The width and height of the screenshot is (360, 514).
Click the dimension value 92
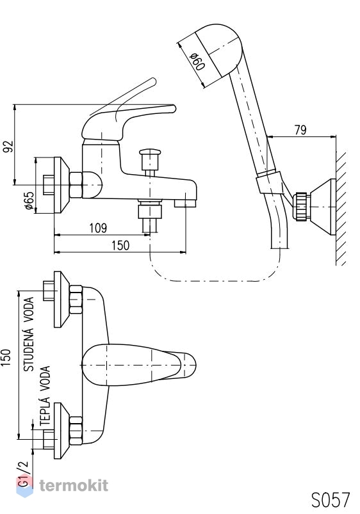click(8, 146)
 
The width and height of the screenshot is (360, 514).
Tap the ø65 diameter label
click(29, 200)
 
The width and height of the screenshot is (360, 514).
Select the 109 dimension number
click(98, 228)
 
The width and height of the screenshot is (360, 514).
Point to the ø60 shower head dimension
click(197, 61)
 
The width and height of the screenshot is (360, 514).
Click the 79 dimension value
click(300, 130)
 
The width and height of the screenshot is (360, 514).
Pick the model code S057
click(331, 500)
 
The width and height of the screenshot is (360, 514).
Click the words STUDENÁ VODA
click(29, 334)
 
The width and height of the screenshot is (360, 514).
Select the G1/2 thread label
click(24, 474)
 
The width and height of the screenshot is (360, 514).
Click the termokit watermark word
click(74, 485)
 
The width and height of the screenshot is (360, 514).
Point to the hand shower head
click(219, 50)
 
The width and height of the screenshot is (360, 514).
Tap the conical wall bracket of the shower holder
click(323, 207)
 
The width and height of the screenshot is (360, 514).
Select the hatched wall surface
click(341, 208)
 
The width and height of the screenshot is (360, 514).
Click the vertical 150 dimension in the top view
click(6, 358)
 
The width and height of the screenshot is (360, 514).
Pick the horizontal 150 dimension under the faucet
click(120, 246)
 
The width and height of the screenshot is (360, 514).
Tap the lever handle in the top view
click(138, 364)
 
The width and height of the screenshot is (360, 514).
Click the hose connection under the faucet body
click(150, 214)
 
